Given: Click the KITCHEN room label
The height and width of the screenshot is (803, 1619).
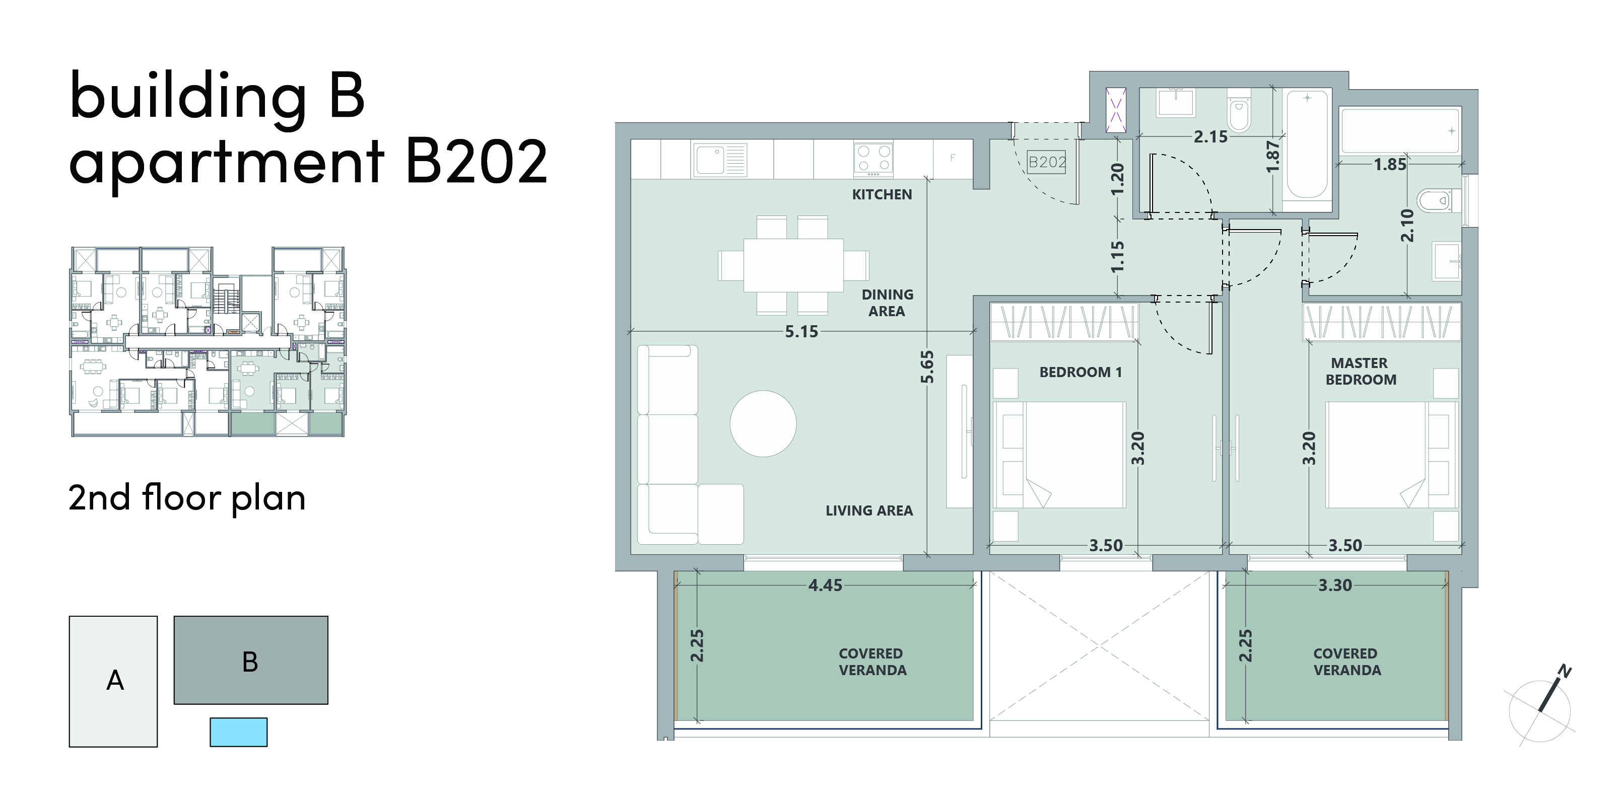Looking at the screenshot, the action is [x=882, y=195].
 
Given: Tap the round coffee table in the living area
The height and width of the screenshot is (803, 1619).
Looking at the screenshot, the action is [x=763, y=423].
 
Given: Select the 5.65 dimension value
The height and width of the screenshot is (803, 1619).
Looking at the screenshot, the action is [x=927, y=367].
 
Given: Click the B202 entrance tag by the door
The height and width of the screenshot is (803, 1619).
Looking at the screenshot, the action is [x=1046, y=162].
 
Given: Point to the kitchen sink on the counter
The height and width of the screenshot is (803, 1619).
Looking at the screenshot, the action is [x=720, y=160].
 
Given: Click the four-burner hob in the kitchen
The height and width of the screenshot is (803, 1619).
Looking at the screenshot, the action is [x=873, y=159].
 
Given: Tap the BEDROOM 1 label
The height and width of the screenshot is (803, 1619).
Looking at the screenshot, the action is [x=1081, y=373].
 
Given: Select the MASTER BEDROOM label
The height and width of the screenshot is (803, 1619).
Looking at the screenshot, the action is [x=1361, y=372].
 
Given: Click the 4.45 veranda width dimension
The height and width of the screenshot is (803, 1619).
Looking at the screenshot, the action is [x=825, y=585].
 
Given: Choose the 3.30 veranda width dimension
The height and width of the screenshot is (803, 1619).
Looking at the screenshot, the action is [x=1335, y=585].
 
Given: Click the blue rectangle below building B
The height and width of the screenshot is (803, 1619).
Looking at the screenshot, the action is [x=238, y=732].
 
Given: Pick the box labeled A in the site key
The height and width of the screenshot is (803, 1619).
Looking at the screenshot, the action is [x=113, y=681].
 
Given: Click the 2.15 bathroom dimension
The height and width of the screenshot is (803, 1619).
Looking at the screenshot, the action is [x=1210, y=137].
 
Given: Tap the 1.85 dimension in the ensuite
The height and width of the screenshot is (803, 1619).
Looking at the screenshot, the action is [x=1390, y=165].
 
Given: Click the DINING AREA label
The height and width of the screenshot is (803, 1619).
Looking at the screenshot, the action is [x=887, y=303].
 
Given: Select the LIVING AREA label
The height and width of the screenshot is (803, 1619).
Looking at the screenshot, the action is [x=869, y=511].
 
